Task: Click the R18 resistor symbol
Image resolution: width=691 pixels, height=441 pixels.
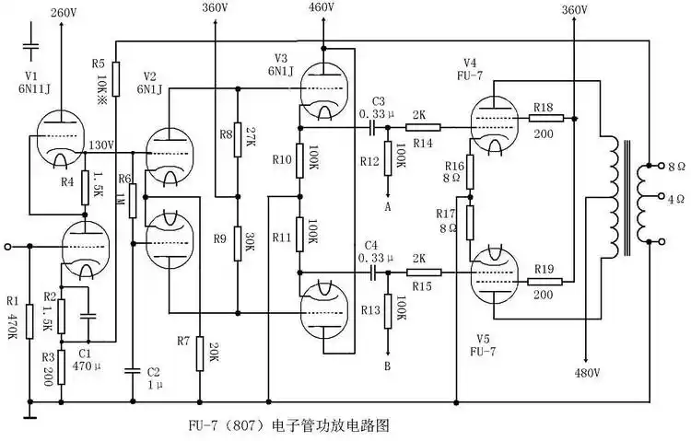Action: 543,118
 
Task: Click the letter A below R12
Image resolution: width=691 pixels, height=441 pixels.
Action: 387,207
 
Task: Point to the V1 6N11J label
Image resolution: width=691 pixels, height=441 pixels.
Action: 31,80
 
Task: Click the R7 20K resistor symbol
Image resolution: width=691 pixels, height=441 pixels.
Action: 199,352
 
